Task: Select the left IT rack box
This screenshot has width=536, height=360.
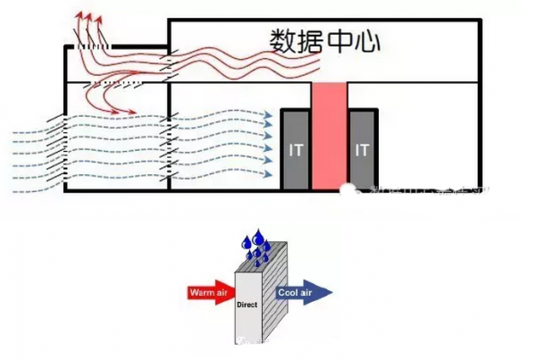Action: coord(296,149)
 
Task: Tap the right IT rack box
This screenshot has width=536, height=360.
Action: coord(362,149)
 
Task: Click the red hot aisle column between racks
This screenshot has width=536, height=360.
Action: coord(329,136)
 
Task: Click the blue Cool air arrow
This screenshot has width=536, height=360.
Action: coord(304,291)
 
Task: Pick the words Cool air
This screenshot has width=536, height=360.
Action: coord(297,291)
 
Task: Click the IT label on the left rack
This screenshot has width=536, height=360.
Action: coord(296,150)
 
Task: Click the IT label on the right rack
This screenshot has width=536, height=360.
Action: coord(362,150)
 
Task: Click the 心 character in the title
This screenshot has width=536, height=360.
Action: coord(364,40)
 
